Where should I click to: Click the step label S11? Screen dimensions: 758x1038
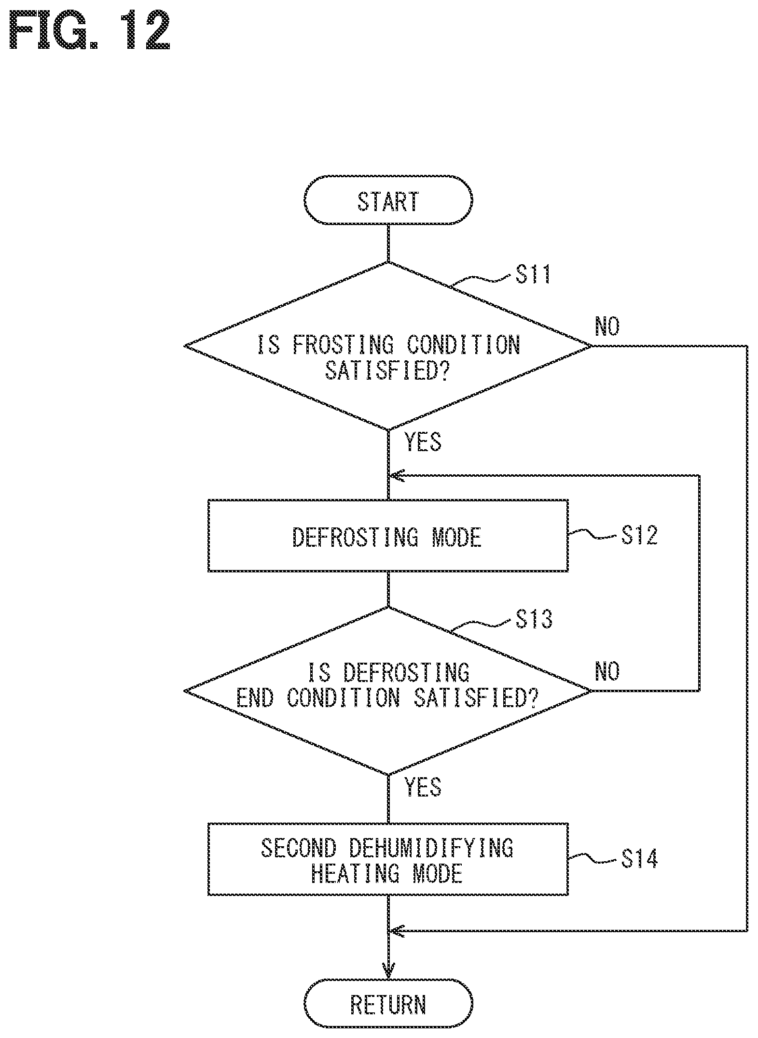click(x=533, y=275)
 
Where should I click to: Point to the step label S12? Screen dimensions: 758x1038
click(x=639, y=535)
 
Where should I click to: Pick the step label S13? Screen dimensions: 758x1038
click(x=534, y=619)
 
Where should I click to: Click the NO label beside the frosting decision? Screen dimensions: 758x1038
click(x=607, y=327)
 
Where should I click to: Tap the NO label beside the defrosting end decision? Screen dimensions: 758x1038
click(x=607, y=671)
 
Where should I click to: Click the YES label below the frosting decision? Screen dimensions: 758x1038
click(x=423, y=442)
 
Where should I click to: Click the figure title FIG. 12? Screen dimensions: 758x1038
click(x=90, y=32)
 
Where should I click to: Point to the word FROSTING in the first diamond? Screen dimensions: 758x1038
click(x=343, y=345)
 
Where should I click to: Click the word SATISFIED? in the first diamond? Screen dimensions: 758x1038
click(x=388, y=371)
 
